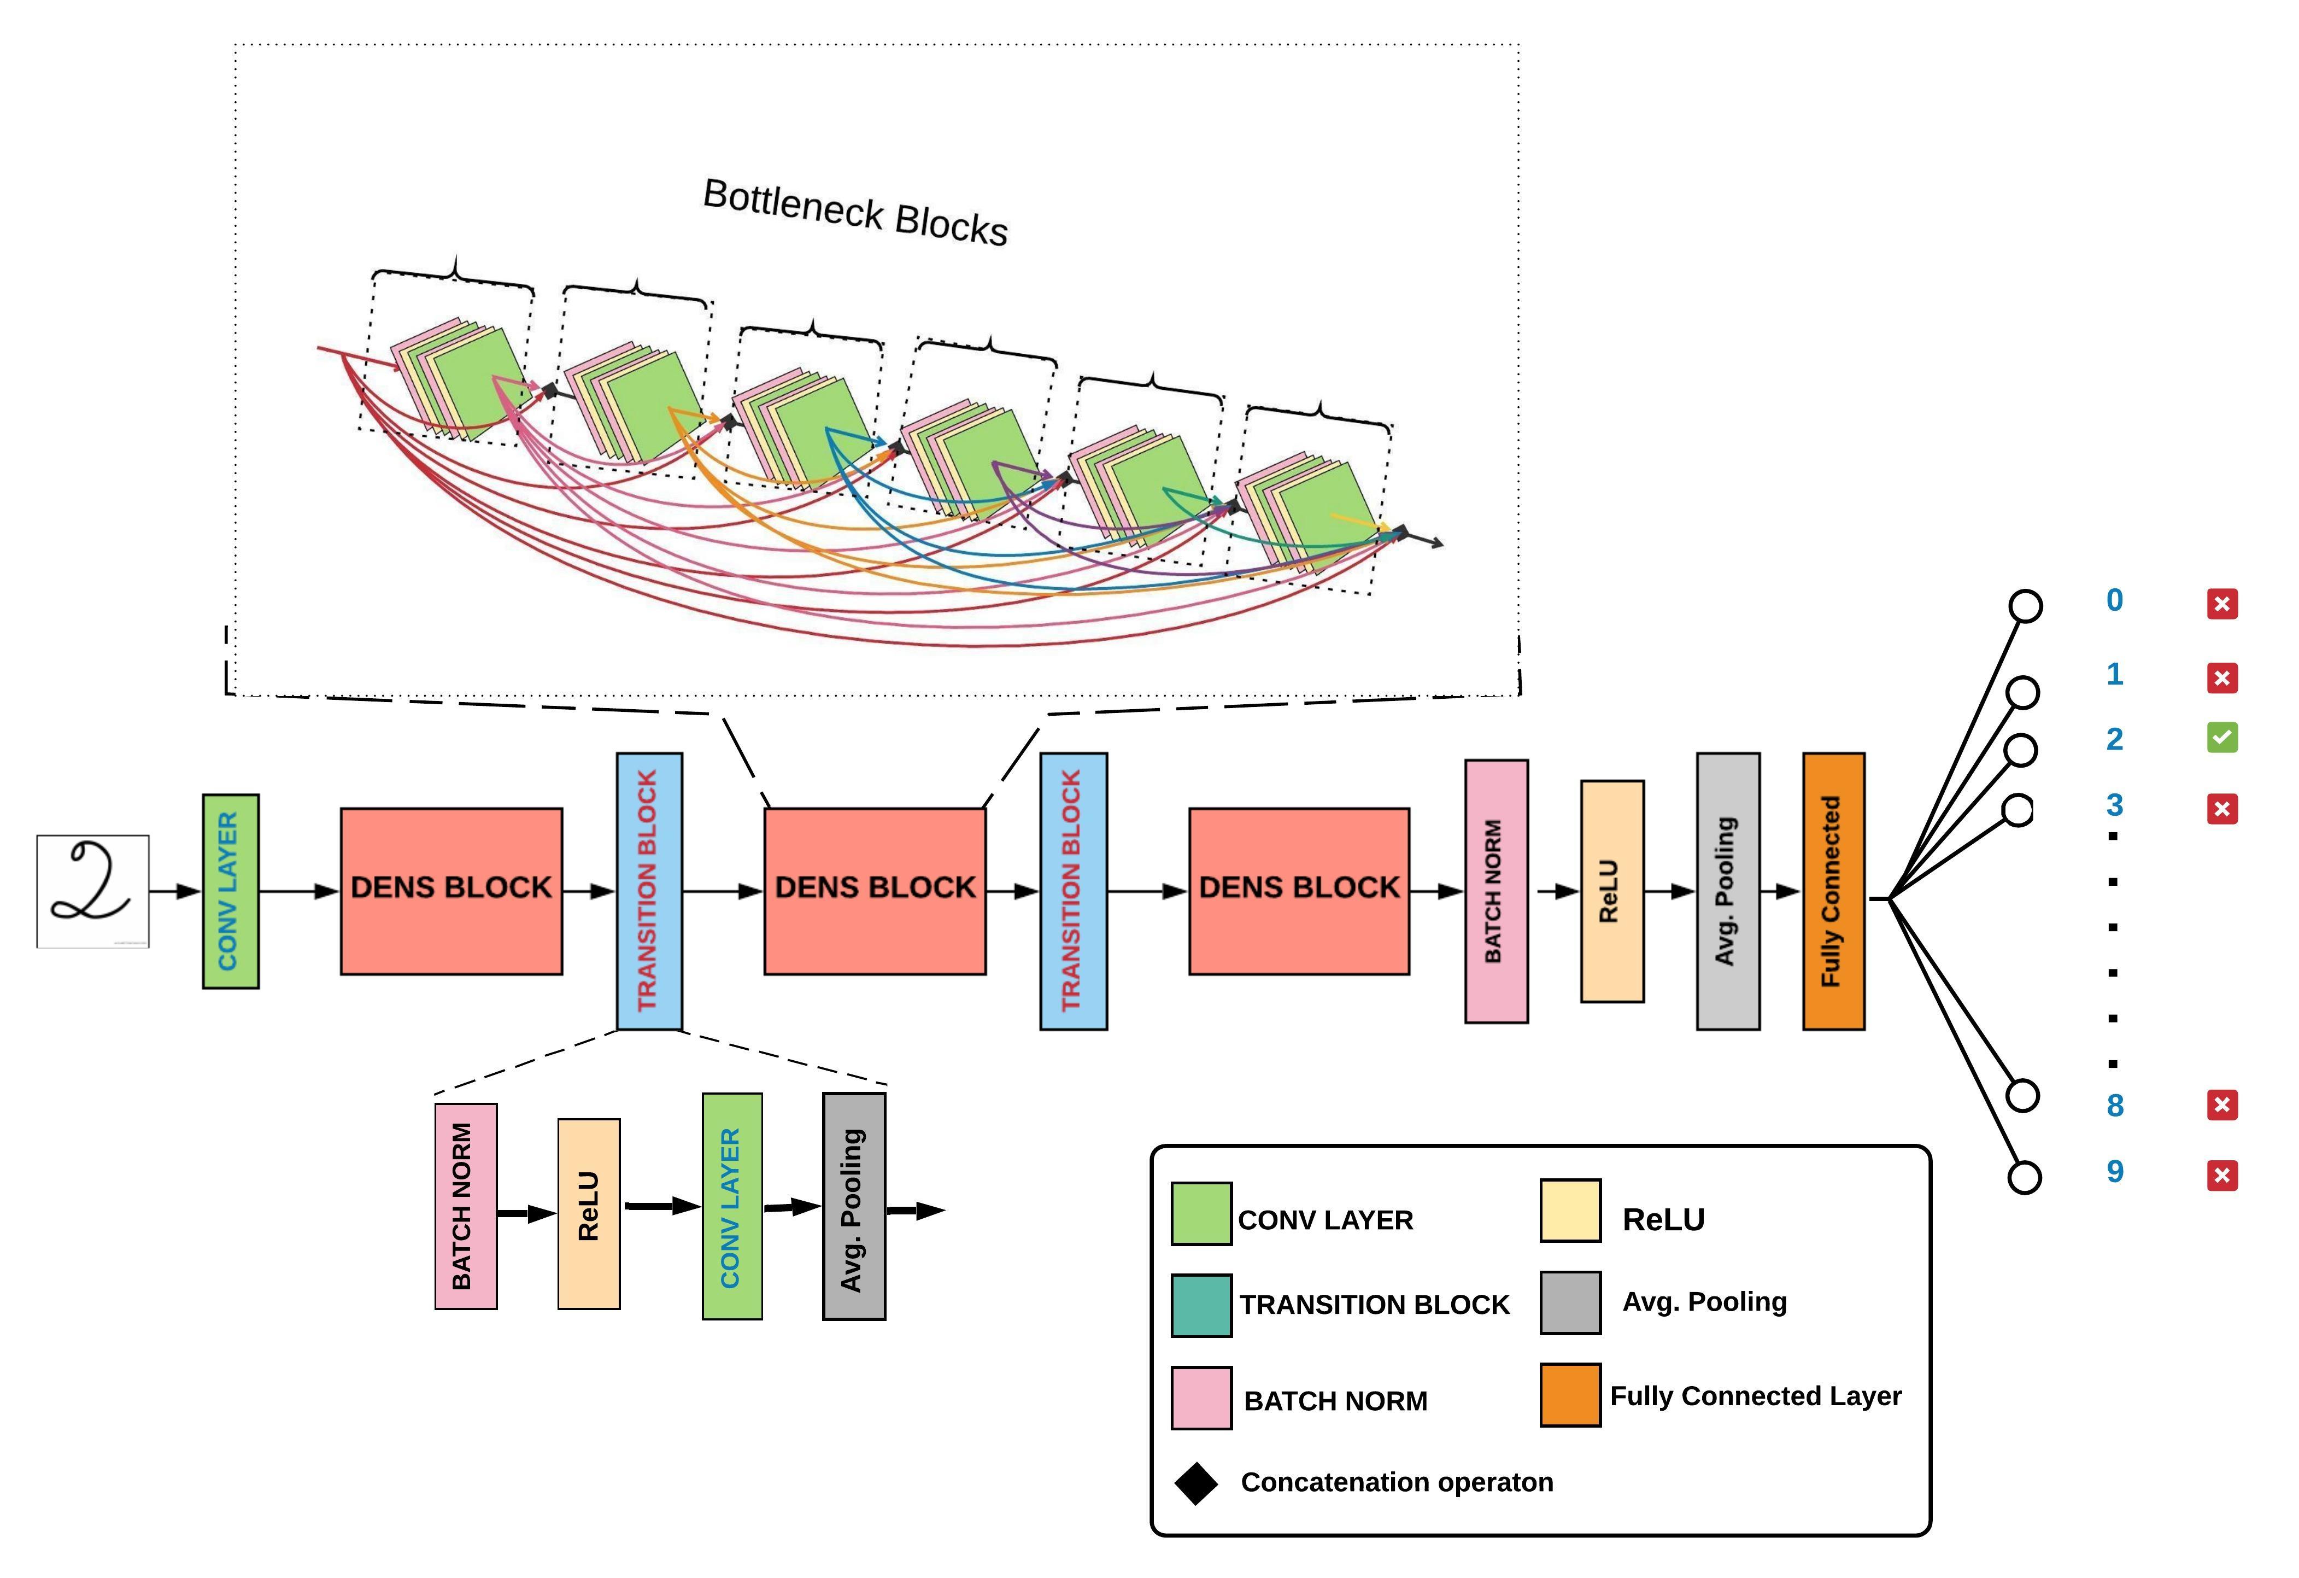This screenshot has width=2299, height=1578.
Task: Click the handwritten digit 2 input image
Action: [x=93, y=890]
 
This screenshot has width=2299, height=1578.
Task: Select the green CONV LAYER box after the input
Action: [x=231, y=890]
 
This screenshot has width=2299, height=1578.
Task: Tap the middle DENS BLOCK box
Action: [x=875, y=890]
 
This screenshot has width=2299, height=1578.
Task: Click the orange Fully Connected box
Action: [x=1833, y=890]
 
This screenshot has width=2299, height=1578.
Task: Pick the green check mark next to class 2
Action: [x=2222, y=737]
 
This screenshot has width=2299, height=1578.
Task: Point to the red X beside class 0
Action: [x=2222, y=604]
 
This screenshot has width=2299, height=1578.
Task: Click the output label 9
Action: [x=2115, y=1171]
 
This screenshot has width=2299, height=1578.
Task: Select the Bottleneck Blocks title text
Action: [x=855, y=212]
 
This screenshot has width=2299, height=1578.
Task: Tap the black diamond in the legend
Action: [x=1196, y=1483]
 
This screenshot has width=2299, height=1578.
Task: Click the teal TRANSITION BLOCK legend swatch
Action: [x=1201, y=1305]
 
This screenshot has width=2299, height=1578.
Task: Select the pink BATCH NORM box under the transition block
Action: [x=466, y=1206]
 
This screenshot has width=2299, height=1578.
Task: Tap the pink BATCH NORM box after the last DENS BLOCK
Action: [x=1495, y=890]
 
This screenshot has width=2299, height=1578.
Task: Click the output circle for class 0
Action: [x=2025, y=605]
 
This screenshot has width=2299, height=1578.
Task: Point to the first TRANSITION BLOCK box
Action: [x=649, y=890]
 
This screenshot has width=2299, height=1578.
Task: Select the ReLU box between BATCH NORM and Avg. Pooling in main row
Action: [x=1611, y=890]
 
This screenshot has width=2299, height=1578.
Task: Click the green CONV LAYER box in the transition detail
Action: [x=732, y=1206]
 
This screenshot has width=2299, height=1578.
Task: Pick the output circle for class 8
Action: [x=2023, y=1095]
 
